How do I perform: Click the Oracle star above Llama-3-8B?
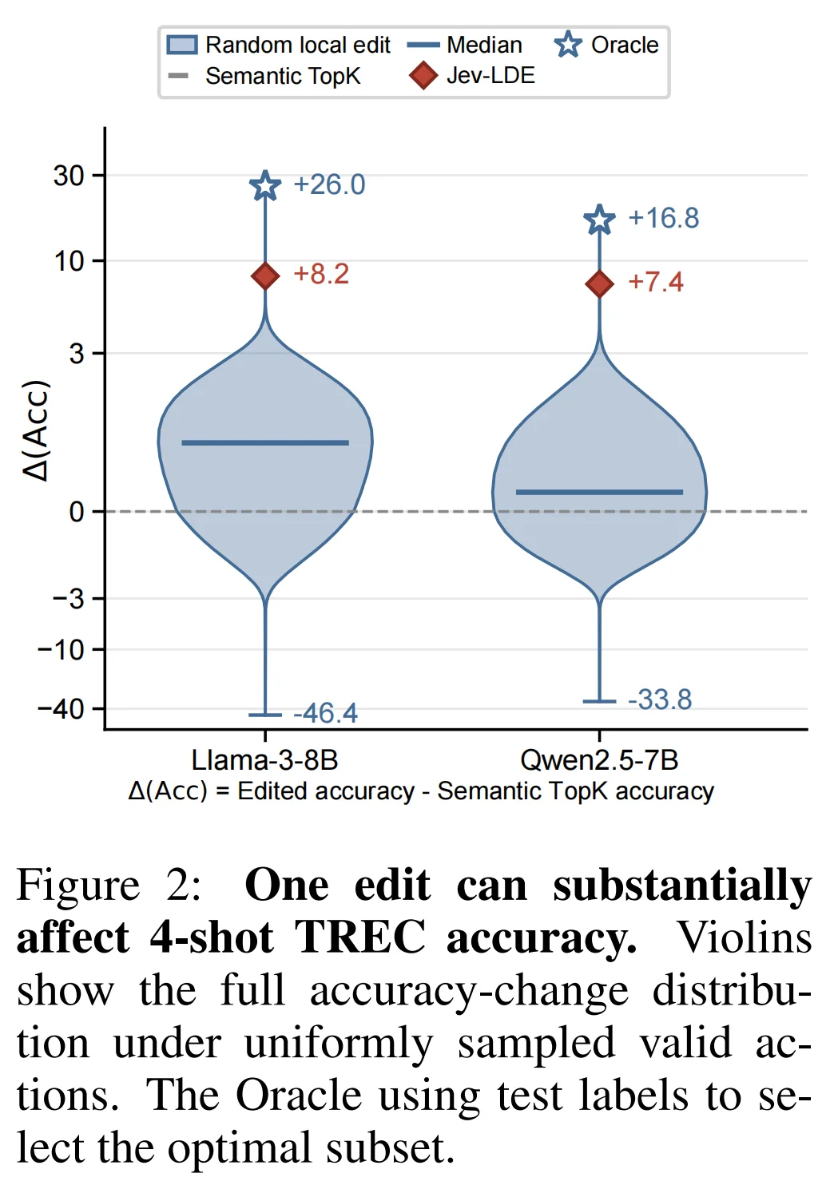(x=264, y=185)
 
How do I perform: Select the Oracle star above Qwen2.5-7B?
(x=600, y=220)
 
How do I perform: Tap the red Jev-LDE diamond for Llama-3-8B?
(x=265, y=275)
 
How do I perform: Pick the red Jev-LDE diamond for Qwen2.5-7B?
(x=600, y=283)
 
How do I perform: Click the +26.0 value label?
(x=329, y=185)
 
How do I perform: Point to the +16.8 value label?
(x=663, y=218)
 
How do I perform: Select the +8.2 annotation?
(x=321, y=274)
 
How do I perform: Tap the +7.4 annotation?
(x=656, y=282)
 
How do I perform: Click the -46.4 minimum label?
(x=325, y=713)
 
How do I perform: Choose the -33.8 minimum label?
(x=660, y=699)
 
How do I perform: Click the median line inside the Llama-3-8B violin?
(x=265, y=443)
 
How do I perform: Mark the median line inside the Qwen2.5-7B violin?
(x=600, y=493)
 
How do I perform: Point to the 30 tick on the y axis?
(x=69, y=175)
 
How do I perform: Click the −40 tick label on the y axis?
(x=61, y=710)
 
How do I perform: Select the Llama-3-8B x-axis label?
(x=264, y=760)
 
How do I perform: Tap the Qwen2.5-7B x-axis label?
(x=600, y=760)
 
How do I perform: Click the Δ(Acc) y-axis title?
(x=37, y=430)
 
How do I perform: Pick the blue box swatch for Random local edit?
(x=182, y=45)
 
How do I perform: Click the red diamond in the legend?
(x=423, y=75)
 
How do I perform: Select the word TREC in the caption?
(x=359, y=938)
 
